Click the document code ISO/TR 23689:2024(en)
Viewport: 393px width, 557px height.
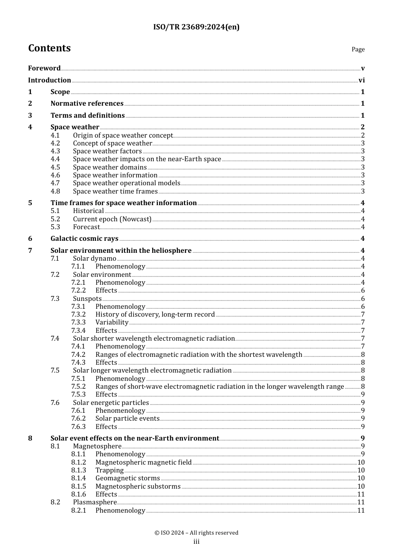point(196,27)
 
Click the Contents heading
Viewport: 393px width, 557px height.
point(49,48)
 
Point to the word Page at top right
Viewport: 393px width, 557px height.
point(358,49)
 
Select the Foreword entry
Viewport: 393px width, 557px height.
point(44,68)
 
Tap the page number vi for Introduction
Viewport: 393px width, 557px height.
point(362,80)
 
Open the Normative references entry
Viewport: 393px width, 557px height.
point(87,104)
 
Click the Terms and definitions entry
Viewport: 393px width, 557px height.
point(87,116)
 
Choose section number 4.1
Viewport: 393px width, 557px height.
point(55,136)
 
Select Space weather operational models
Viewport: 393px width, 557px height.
point(127,183)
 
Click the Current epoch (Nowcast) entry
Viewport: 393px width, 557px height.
point(112,219)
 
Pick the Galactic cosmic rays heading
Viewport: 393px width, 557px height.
point(84,239)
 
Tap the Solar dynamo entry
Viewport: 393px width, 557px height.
point(95,259)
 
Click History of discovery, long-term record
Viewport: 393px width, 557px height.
point(155,315)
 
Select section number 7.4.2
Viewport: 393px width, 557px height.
point(78,355)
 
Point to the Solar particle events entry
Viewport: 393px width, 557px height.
point(127,419)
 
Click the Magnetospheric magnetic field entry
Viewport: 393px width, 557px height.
point(144,463)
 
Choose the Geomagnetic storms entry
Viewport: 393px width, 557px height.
point(127,478)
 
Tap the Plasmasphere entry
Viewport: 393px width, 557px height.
point(95,502)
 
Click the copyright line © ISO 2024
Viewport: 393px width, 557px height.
point(196,533)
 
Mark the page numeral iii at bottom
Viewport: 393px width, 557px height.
point(196,542)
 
